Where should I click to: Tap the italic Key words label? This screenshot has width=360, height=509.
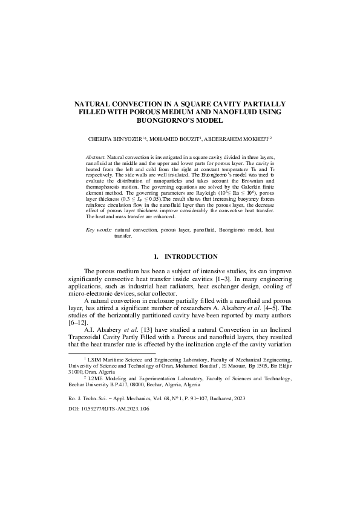point(99,230)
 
